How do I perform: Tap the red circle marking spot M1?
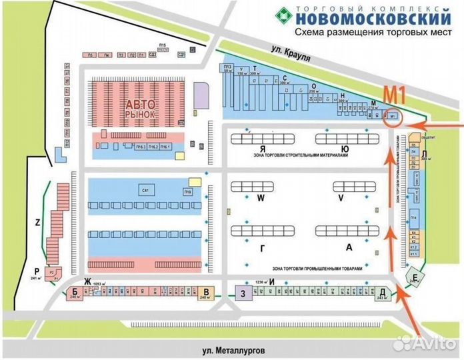(392, 116)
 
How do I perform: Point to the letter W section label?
(261, 199)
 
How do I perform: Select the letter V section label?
(340, 199)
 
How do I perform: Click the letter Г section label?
(261, 247)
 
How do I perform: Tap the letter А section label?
(348, 247)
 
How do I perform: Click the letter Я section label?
(263, 149)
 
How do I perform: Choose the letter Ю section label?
(343, 149)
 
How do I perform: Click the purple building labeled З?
(244, 293)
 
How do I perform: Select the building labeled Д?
(382, 293)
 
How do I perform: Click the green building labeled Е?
(415, 277)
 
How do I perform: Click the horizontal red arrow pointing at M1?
(433, 125)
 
